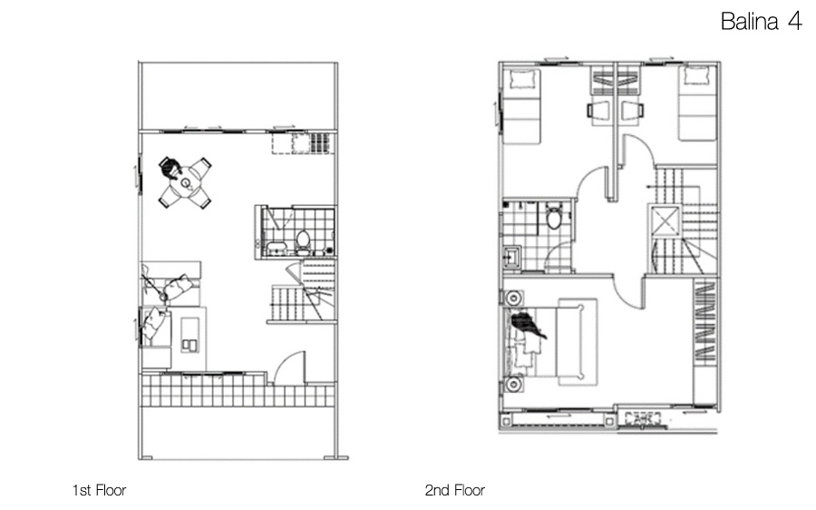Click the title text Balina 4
tap(761, 22)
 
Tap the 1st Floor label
tap(99, 490)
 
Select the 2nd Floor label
tap(455, 490)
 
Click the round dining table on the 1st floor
tap(186, 183)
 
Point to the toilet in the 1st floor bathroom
tap(303, 240)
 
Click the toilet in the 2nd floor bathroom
tap(554, 216)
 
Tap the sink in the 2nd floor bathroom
tap(512, 257)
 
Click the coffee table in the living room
tap(189, 334)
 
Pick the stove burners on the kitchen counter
tap(319, 142)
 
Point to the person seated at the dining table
tap(170, 168)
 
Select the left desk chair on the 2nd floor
tap(598, 111)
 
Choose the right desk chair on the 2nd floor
tap(634, 111)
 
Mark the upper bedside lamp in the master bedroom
tap(512, 298)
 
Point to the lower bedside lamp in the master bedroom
tap(512, 385)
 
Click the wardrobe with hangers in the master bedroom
tap(705, 321)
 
